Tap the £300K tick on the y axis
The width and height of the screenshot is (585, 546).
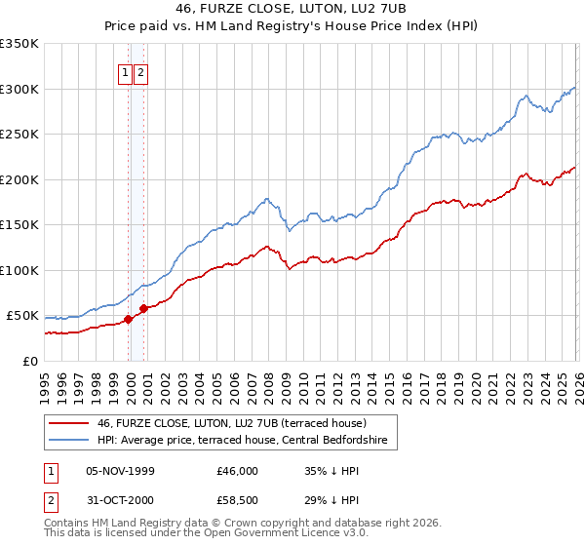click(19, 89)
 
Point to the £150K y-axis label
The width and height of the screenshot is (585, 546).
click(19, 225)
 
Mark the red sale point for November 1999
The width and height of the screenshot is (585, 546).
click(128, 319)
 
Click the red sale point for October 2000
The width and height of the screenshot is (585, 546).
click(144, 308)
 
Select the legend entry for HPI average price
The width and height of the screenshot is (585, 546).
click(242, 441)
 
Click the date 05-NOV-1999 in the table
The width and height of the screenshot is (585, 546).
click(121, 471)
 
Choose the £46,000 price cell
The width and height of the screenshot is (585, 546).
click(238, 471)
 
